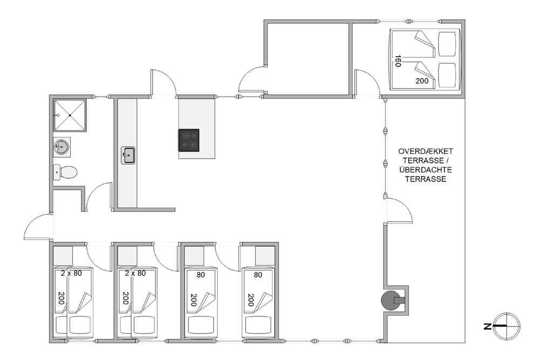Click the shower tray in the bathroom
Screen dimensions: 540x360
tap(70, 116)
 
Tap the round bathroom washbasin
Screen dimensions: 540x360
tap(62, 147)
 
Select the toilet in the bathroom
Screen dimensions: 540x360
tap(65, 172)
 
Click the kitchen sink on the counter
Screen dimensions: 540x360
tap(128, 155)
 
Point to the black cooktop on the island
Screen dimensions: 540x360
tap(188, 140)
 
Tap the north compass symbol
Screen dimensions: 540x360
tap(507, 325)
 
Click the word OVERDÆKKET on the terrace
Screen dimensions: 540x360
tap(426, 151)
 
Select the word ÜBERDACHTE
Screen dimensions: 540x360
tap(426, 169)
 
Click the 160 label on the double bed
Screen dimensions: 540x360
tap(398, 61)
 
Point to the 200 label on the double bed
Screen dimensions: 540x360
tap(422, 81)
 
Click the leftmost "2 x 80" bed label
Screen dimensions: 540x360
tap(71, 273)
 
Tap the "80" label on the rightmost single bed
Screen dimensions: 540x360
tap(258, 275)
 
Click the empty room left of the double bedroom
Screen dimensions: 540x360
tap(309, 58)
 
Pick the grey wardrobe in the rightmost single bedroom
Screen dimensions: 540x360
tap(265, 256)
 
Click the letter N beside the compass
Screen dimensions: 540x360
tap(487, 327)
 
